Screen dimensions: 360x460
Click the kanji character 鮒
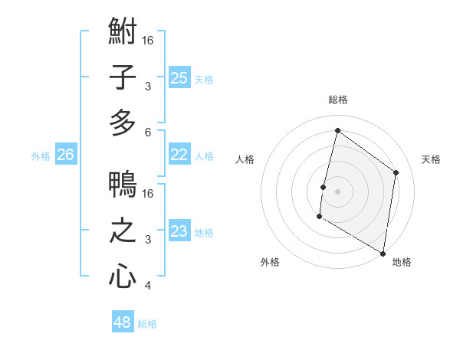tap(123, 33)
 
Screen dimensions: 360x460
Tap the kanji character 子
tap(123, 77)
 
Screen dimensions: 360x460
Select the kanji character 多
tap(123, 123)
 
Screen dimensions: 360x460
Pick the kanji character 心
tap(123, 276)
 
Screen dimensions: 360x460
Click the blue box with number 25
tap(179, 77)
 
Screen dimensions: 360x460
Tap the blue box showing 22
tap(179, 155)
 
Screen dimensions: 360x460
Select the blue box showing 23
tap(179, 231)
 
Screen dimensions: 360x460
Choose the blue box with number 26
tap(66, 155)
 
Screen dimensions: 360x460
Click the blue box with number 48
tap(123, 322)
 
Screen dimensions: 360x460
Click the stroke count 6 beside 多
tap(148, 132)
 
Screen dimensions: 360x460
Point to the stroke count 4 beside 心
tap(148, 286)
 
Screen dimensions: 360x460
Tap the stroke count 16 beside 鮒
tap(148, 39)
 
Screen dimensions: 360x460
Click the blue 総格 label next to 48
tap(147, 324)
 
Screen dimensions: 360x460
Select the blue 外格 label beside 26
tap(41, 156)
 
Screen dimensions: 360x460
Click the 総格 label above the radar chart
tap(338, 100)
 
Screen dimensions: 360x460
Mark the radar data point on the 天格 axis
tap(396, 172)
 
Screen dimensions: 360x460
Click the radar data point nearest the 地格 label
tap(383, 253)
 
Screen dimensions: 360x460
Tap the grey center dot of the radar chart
tap(337, 191)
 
